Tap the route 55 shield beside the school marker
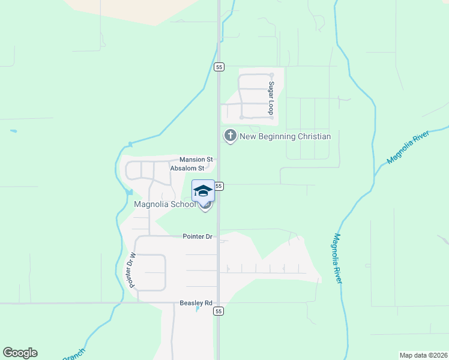pyautogui.click(x=219, y=186)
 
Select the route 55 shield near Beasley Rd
pyautogui.click(x=218, y=311)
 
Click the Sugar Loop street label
pyautogui.click(x=271, y=98)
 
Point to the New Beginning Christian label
pyautogui.click(x=285, y=136)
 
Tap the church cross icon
pyautogui.click(x=229, y=136)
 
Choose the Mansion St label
pyautogui.click(x=196, y=160)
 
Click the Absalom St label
pyautogui.click(x=191, y=169)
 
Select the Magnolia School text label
pyautogui.click(x=164, y=204)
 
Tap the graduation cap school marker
pyautogui.click(x=203, y=191)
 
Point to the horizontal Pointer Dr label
pyautogui.click(x=197, y=236)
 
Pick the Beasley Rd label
pyautogui.click(x=196, y=304)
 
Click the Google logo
pyautogui.click(x=20, y=353)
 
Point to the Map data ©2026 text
pyautogui.click(x=423, y=355)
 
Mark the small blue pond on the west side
pyautogui.click(x=13, y=131)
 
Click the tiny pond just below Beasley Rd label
pyautogui.click(x=197, y=310)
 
